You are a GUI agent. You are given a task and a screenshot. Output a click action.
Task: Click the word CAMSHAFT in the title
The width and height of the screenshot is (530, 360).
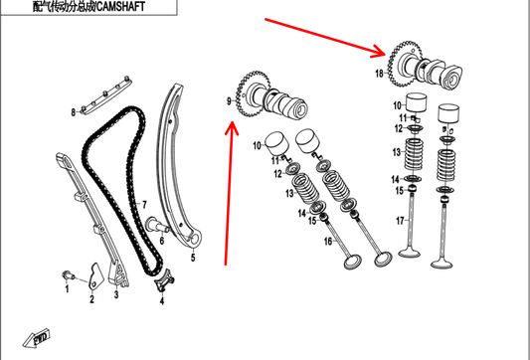point(119,6)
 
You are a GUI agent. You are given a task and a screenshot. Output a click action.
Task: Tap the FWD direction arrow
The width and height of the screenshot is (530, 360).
point(37,338)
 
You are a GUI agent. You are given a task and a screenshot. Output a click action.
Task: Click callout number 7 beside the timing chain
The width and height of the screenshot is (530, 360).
point(144,205)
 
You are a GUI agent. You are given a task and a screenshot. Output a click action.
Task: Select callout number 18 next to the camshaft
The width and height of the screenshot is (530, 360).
point(379,73)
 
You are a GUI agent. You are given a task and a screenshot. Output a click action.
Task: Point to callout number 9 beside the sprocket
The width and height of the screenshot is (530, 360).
point(229,101)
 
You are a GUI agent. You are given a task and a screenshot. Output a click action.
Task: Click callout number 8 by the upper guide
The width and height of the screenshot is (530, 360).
point(73,112)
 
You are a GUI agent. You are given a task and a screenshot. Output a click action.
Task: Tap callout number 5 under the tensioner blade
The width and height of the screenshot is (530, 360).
point(193,258)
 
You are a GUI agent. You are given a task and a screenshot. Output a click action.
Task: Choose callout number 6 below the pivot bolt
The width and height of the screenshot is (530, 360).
point(161,241)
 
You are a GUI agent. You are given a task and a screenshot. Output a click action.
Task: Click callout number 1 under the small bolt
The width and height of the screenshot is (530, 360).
point(67,288)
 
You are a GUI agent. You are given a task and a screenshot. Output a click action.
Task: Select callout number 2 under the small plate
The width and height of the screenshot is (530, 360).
point(91,299)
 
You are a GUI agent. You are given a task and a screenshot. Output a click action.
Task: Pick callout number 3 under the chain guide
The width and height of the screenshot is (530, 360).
point(116,294)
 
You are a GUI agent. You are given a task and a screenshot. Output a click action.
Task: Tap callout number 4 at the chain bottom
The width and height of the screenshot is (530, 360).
point(161,300)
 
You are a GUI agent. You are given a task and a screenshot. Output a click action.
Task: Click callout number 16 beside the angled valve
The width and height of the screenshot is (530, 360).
point(328,242)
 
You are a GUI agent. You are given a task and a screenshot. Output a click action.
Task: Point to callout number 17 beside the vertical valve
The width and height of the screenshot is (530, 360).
point(400,221)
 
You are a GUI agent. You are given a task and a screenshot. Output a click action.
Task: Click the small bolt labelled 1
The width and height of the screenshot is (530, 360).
point(69,275)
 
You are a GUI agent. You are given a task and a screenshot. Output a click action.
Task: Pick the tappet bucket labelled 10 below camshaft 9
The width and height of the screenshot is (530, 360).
point(276,143)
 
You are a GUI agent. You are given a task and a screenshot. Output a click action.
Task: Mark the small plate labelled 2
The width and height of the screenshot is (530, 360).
point(94,276)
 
